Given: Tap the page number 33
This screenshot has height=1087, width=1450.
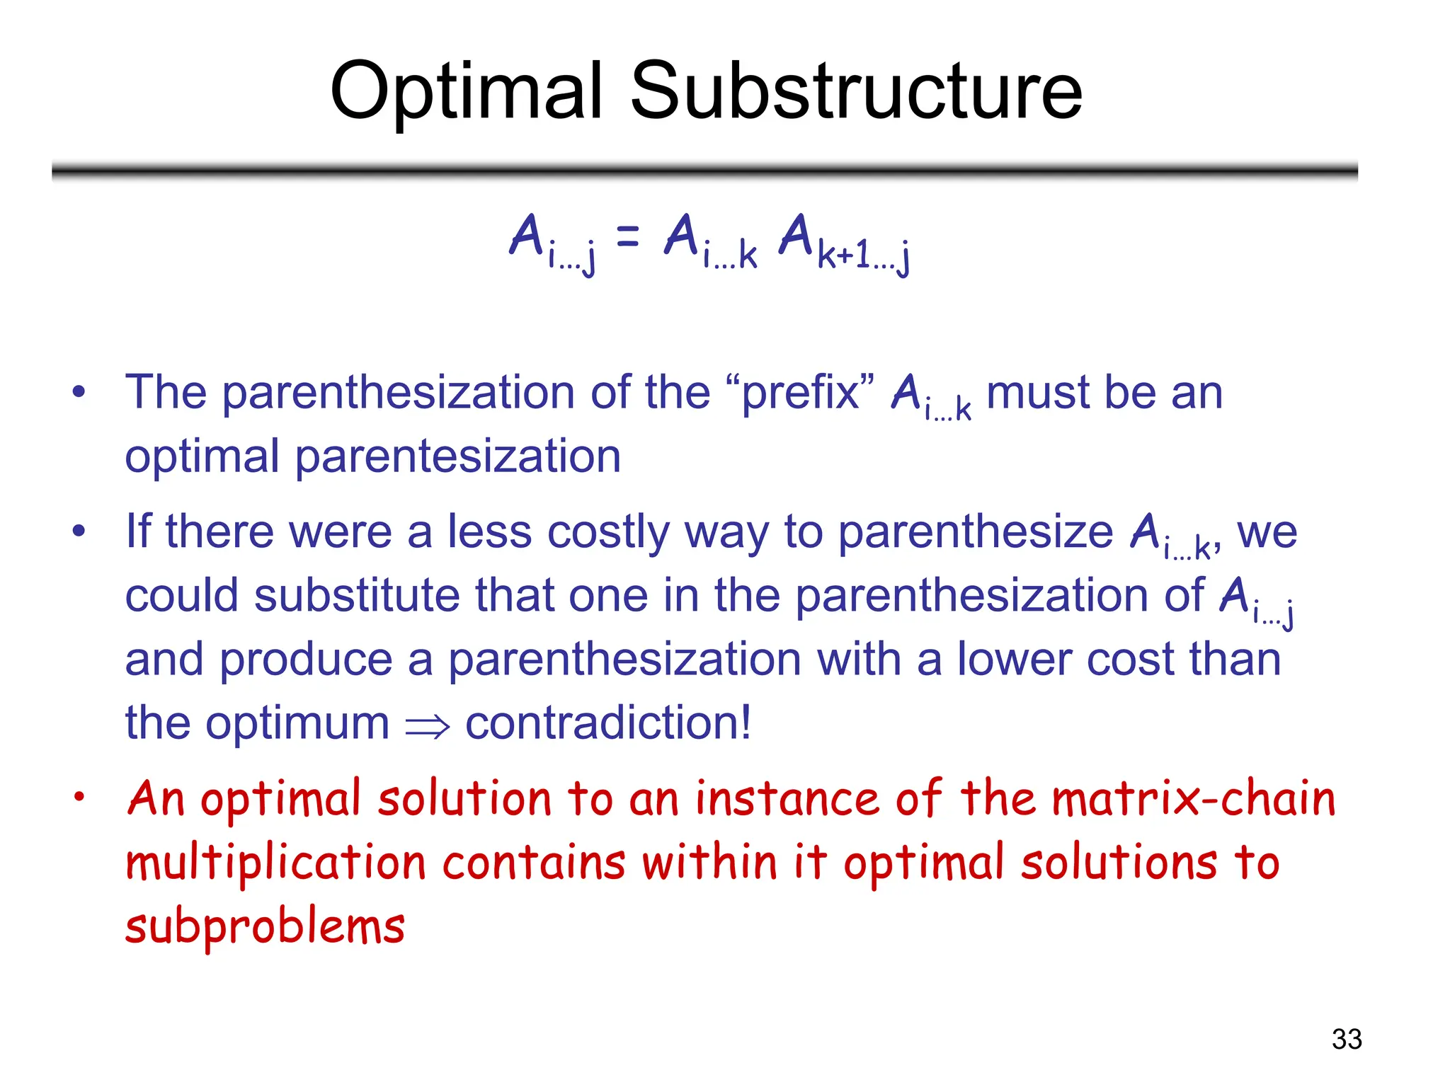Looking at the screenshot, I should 1346,1039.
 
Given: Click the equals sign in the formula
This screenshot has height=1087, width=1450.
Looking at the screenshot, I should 627,236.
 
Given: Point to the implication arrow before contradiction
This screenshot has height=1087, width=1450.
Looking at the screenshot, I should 427,726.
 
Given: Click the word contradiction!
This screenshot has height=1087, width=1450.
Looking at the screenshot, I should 607,723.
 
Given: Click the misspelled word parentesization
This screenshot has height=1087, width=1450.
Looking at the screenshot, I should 457,456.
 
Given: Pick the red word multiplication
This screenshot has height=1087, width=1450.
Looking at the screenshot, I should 275,863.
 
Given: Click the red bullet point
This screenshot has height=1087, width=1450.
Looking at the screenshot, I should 79,797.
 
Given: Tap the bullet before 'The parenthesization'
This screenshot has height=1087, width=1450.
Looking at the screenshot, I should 79,391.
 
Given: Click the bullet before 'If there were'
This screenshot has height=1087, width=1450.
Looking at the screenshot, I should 79,530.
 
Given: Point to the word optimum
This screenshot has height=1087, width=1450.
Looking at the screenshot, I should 297,723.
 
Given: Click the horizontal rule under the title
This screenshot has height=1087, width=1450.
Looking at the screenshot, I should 704,171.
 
